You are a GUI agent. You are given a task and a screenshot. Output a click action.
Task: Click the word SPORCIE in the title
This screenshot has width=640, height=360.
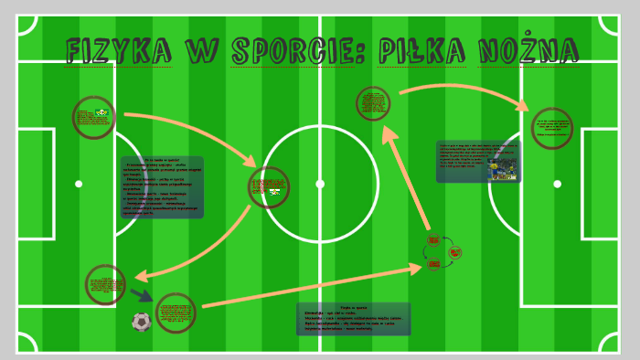289,50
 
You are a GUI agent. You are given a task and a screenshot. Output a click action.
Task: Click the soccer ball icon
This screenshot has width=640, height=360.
141,321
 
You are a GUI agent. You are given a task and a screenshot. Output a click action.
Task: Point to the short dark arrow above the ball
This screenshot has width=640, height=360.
141,295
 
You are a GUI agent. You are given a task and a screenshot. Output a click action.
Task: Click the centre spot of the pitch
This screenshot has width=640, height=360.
320,184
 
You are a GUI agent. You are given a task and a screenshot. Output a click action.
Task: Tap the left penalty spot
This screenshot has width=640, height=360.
79,184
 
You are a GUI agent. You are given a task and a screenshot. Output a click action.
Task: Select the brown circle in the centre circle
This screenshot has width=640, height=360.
269,187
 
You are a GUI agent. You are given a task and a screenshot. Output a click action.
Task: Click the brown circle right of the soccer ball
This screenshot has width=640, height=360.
176,313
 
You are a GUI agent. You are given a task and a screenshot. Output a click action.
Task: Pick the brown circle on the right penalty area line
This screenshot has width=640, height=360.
551,128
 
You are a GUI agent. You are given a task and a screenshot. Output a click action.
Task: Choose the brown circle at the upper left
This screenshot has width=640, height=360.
94,118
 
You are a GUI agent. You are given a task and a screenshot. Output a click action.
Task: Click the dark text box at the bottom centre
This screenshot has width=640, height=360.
353,319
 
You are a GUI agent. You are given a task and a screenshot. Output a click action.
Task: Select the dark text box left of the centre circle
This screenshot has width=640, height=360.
162,187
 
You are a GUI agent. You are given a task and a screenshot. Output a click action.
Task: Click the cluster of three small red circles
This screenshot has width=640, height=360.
443,252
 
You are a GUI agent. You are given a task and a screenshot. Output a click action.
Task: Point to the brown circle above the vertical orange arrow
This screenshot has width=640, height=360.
373,103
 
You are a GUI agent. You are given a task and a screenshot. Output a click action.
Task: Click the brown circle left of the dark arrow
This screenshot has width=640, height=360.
105,285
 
